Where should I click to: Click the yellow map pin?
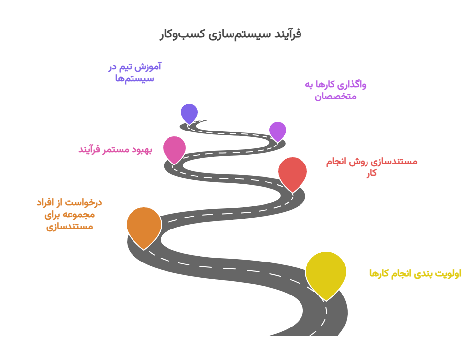click(326, 272)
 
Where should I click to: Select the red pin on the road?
click(293, 172)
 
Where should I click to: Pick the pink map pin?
click(174, 149)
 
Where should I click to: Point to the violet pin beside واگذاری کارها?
click(278, 131)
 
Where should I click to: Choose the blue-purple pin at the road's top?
click(189, 113)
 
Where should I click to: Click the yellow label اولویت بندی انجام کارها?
click(415, 273)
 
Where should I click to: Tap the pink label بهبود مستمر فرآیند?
click(115, 149)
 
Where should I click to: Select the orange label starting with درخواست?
click(69, 214)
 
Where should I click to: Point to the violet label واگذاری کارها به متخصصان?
click(335, 90)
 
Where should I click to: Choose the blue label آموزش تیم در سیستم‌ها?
click(134, 72)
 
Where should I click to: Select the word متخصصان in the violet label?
click(335, 97)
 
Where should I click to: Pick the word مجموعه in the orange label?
click(78, 214)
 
